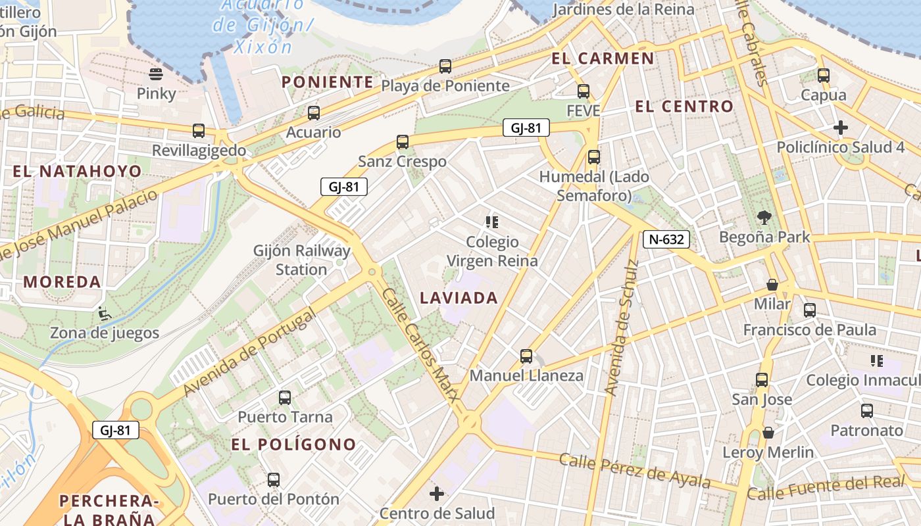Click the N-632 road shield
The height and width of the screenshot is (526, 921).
pyautogui.click(x=666, y=240)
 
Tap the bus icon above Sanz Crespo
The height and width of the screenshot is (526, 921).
pyautogui.click(x=403, y=142)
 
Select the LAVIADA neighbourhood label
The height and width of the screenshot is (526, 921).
pyautogui.click(x=459, y=299)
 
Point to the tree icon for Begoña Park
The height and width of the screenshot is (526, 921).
pyautogui.click(x=764, y=217)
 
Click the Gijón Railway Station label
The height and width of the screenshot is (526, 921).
pyautogui.click(x=302, y=260)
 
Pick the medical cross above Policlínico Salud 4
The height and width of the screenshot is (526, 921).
pyautogui.click(x=840, y=128)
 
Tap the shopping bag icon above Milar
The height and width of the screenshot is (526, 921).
pyautogui.click(x=772, y=285)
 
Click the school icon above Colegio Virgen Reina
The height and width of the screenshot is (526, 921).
pyautogui.click(x=491, y=222)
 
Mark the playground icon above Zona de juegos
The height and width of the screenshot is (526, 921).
pyautogui.click(x=104, y=313)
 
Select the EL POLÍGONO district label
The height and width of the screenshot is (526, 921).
pyautogui.click(x=293, y=444)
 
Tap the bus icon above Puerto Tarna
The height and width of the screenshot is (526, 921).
pyautogui.click(x=285, y=398)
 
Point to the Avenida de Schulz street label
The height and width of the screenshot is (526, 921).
pyautogui.click(x=622, y=327)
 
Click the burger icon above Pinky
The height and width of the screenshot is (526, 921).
pyautogui.click(x=156, y=74)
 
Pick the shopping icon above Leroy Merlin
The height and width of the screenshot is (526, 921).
pyautogui.click(x=768, y=433)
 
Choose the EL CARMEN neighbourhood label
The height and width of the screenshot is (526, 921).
pyautogui.click(x=603, y=59)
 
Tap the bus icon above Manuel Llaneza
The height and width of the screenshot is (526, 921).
pyautogui.click(x=526, y=356)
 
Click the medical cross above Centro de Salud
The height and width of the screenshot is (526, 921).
pyautogui.click(x=437, y=494)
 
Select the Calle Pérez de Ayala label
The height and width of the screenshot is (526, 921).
pyautogui.click(x=634, y=469)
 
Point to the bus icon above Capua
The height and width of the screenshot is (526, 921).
pyautogui.click(x=824, y=76)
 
